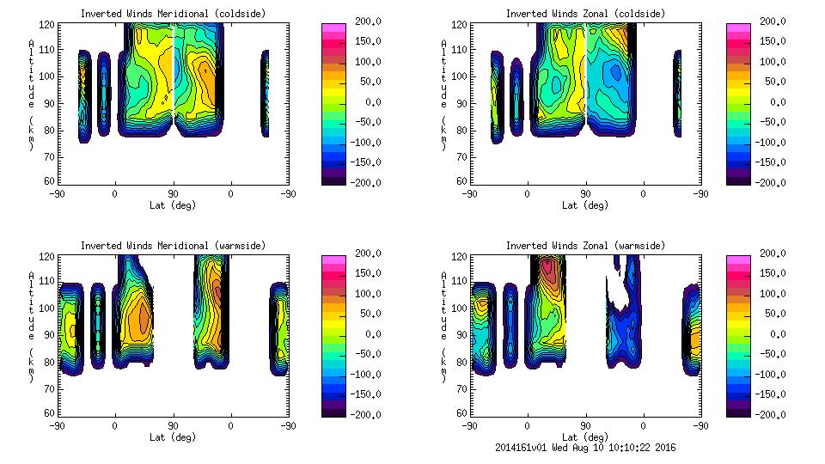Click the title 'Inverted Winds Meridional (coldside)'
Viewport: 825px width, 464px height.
173,14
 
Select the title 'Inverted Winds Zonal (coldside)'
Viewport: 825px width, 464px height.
585,14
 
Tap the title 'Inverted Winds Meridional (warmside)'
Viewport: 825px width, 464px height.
173,246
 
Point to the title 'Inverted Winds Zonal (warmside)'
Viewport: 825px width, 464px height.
585,246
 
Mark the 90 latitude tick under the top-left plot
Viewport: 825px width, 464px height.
173,193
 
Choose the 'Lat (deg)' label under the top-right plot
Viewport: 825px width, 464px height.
586,205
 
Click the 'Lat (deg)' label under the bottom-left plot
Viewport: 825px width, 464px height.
173,437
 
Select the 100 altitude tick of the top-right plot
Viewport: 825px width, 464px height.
462,76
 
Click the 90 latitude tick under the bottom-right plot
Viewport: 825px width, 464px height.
585,425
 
